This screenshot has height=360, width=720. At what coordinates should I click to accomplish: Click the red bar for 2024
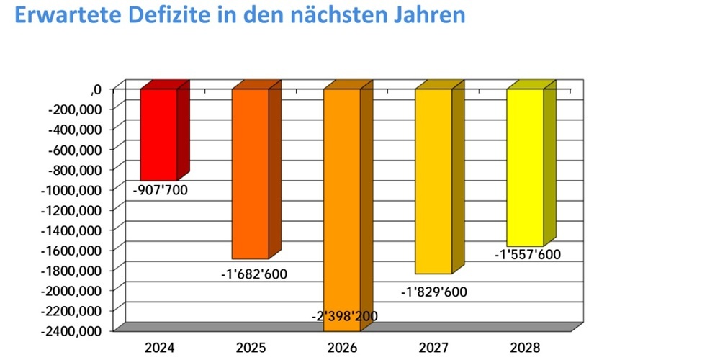pyautogui.click(x=158, y=134)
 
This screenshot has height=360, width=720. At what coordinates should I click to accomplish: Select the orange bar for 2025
pyautogui.click(x=250, y=173)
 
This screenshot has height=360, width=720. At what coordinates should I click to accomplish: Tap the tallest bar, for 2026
pyautogui.click(x=341, y=202)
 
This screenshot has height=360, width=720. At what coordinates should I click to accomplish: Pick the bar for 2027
pyautogui.click(x=433, y=180)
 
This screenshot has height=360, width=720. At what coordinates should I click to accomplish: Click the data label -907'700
pyautogui.click(x=160, y=192)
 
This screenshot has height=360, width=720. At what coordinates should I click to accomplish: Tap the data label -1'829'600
pyautogui.click(x=434, y=292)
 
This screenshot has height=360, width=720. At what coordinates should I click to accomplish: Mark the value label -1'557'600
pyautogui.click(x=527, y=254)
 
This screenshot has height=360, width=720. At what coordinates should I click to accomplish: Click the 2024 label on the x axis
pyautogui.click(x=159, y=348)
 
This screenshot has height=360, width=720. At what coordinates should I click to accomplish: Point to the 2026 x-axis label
pyautogui.click(x=342, y=348)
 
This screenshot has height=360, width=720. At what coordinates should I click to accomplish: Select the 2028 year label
pyautogui.click(x=525, y=348)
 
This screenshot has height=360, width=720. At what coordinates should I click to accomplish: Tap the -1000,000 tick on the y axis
pyautogui.click(x=75, y=189)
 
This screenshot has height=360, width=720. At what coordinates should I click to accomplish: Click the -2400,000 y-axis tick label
pyautogui.click(x=75, y=330)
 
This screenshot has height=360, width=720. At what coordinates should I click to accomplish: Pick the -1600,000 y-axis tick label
pyautogui.click(x=75, y=250)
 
